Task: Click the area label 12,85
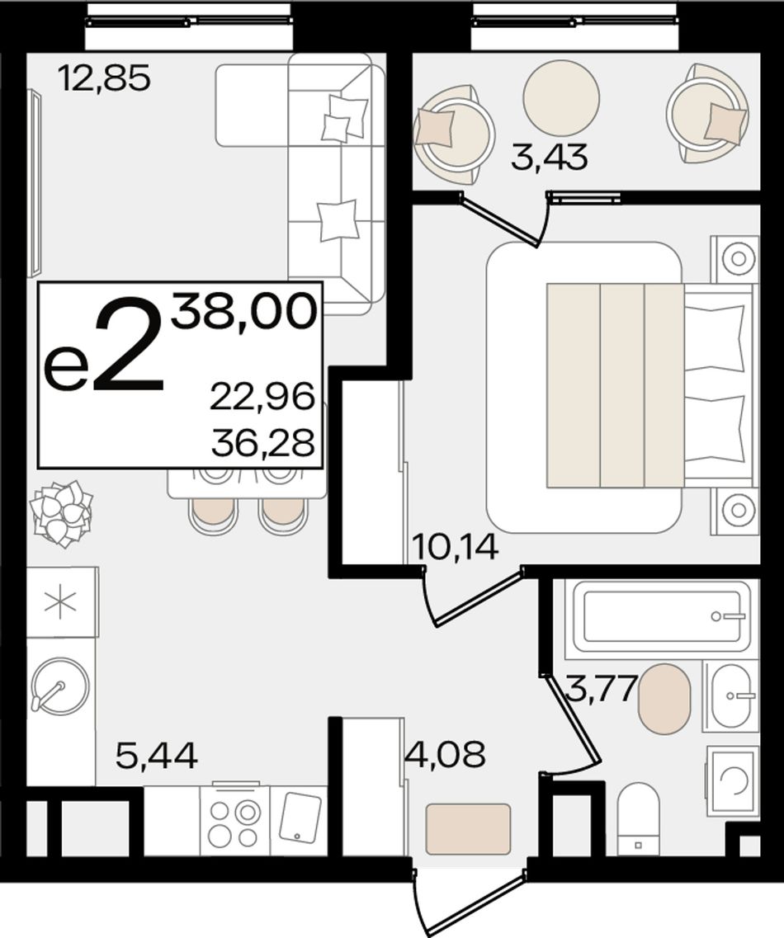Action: click(104, 78)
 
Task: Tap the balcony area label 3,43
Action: click(550, 158)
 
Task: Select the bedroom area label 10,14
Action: click(456, 546)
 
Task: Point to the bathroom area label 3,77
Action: click(600, 688)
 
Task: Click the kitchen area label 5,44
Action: click(157, 756)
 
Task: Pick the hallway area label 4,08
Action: click(445, 755)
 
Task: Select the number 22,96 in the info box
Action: click(262, 397)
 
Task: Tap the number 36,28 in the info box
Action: click(262, 443)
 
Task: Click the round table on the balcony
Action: click(561, 98)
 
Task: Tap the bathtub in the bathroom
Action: click(661, 617)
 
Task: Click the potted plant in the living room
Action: click(62, 514)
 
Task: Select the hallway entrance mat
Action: click(468, 829)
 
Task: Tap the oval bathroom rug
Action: click(664, 698)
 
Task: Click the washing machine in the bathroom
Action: click(733, 780)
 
